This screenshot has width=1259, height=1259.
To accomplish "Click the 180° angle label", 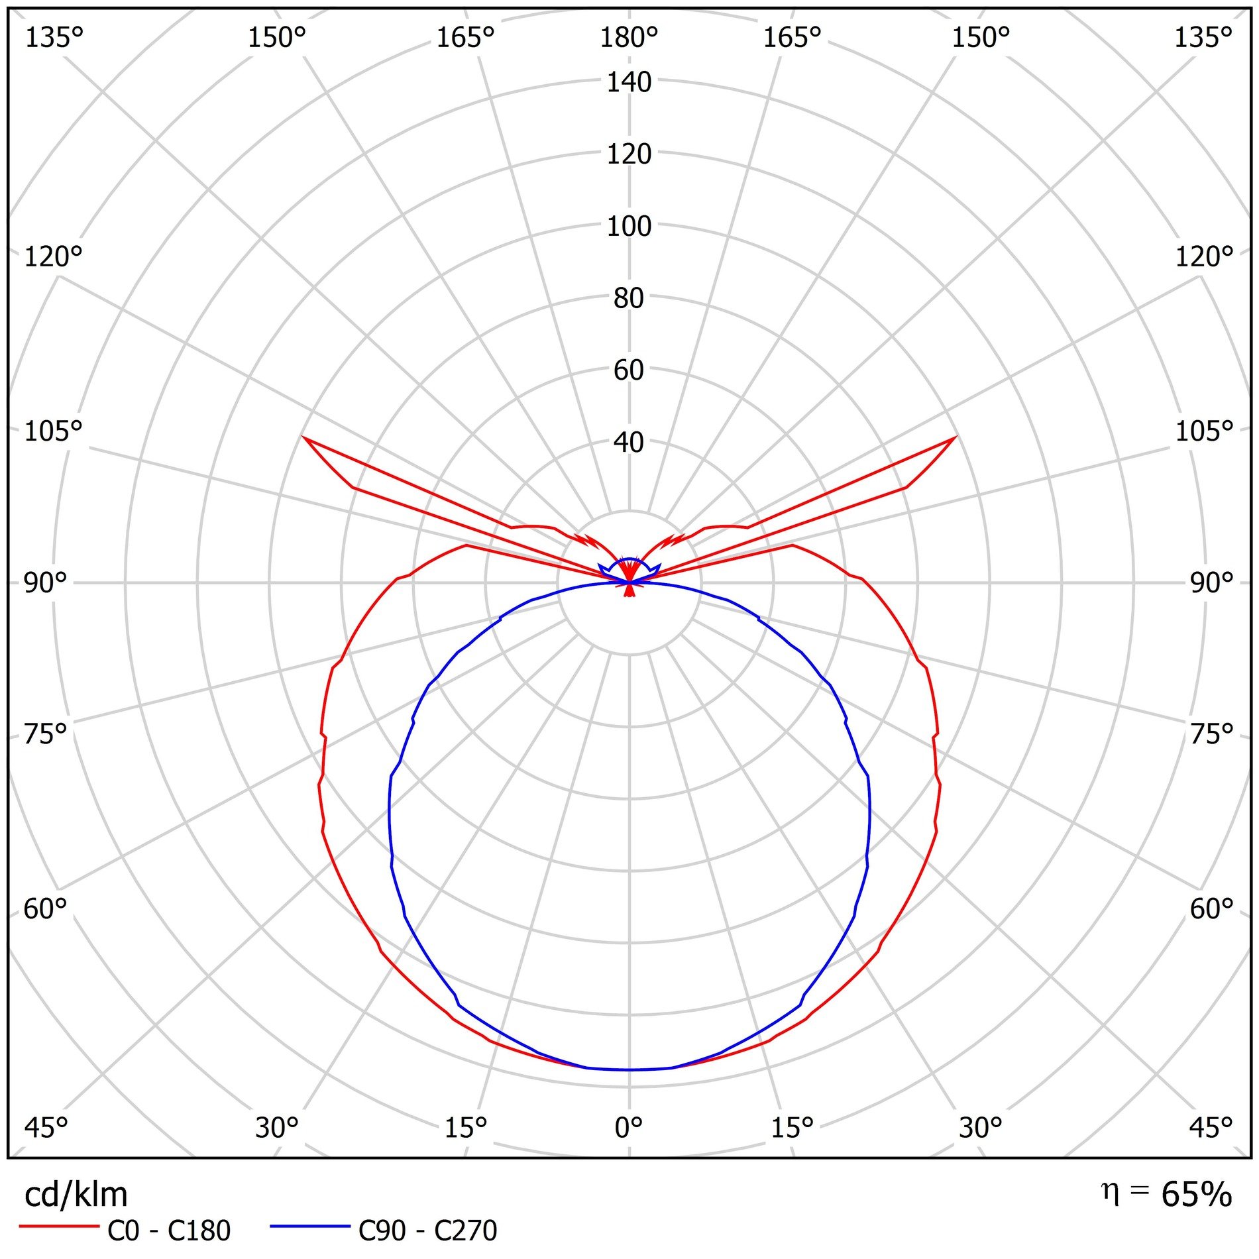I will coord(628,38).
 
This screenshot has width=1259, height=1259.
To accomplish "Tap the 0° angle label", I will coord(628,1127).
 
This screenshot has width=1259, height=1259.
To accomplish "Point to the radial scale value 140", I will coord(629,82).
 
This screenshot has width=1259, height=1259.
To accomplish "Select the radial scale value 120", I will coord(629,154).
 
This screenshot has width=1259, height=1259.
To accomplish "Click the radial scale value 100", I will coord(629,227).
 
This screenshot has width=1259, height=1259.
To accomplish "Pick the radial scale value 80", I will coord(629,298).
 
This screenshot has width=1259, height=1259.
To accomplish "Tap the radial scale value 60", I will coord(629,370).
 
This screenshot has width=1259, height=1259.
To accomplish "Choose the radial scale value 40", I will coord(629,442).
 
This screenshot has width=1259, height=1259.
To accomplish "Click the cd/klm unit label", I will coord(76,1195).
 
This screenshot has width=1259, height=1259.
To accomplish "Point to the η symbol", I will coord(1111,1192).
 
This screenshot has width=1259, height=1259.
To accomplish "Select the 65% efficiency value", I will coord(1196,1194).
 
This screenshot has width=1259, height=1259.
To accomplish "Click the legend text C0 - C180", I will coord(169,1231).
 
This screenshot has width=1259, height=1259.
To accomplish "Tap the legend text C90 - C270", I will coord(427,1231).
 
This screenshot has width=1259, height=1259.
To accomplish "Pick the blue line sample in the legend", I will coord(309,1227).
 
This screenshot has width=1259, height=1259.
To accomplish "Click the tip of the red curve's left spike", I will coord(303,437).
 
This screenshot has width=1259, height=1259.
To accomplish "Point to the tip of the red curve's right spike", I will coord(956,437).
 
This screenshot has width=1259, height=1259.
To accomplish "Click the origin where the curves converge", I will coord(629,582).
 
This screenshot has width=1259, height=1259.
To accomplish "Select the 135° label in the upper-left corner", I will coord(54,38).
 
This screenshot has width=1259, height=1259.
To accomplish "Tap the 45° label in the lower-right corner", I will coord(1210,1127).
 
